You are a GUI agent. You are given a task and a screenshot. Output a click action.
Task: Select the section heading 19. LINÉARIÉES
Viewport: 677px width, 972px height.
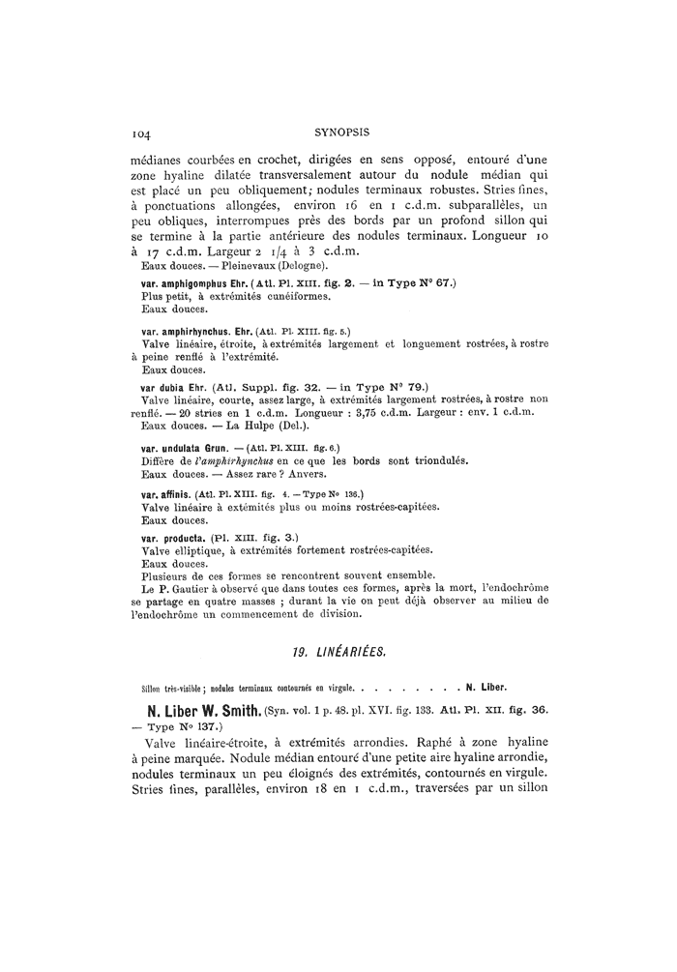point(338,652)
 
